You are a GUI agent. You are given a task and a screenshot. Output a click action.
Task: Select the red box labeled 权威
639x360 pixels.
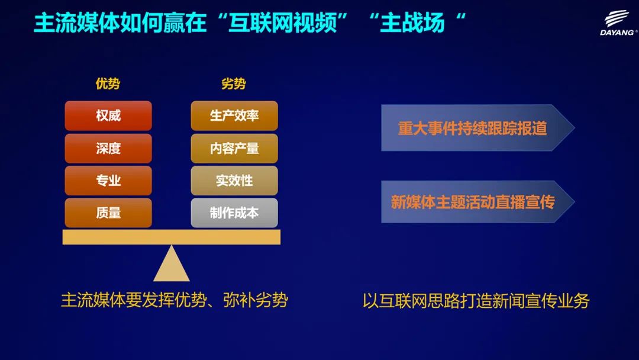[108, 116]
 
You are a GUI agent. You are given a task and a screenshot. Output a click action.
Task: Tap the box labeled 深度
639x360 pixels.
[108, 148]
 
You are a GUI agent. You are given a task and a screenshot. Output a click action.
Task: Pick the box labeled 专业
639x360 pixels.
[108, 180]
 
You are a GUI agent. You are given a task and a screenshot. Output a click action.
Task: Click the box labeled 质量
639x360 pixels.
[108, 213]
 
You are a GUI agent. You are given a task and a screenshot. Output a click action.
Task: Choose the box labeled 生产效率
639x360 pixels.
[234, 116]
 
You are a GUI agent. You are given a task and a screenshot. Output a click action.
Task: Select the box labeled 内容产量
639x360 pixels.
[234, 148]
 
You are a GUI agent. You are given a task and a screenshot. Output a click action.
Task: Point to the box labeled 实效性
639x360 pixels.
[234, 180]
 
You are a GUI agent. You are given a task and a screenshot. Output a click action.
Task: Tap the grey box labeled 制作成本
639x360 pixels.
[234, 213]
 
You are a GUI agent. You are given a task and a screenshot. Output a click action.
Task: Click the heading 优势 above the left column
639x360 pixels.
[108, 83]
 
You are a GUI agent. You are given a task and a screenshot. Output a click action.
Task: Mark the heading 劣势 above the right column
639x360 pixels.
[234, 83]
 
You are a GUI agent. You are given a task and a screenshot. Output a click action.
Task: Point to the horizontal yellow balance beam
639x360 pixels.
[172, 237]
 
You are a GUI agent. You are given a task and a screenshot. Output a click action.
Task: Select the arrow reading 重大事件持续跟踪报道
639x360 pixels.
[477, 128]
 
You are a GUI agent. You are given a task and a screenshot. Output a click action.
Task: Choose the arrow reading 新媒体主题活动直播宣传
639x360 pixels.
[477, 201]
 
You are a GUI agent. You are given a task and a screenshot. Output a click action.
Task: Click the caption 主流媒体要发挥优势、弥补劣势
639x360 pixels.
[175, 300]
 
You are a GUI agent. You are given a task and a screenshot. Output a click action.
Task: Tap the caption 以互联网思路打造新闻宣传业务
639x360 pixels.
[476, 301]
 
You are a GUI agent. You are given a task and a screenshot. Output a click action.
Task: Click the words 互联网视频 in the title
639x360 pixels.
[283, 22]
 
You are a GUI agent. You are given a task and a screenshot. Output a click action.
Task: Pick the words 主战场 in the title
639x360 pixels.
[412, 22]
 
